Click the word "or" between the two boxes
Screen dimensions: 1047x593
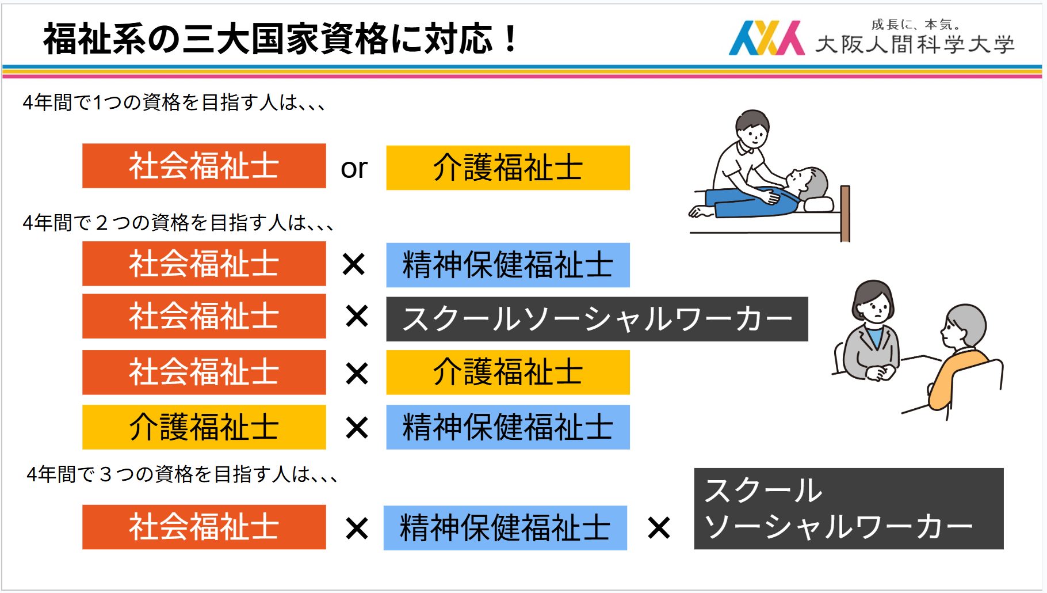(354, 168)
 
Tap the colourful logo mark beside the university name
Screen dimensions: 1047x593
(766, 38)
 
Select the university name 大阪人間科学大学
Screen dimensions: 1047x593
(915, 44)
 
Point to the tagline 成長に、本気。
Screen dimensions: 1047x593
(916, 24)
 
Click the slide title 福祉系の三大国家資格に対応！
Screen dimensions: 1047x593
(281, 39)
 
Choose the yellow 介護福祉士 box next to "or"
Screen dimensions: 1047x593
(508, 168)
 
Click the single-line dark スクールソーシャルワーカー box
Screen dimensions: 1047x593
(597, 319)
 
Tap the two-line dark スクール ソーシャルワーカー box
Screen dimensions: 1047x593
(849, 508)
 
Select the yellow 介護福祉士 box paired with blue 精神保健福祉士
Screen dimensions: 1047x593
(204, 427)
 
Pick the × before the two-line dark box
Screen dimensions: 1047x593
(659, 527)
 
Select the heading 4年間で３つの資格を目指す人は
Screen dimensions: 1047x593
(182, 474)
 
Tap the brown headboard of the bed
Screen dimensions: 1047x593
(845, 213)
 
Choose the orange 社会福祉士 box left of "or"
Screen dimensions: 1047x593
(204, 166)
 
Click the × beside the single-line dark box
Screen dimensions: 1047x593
(357, 316)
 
